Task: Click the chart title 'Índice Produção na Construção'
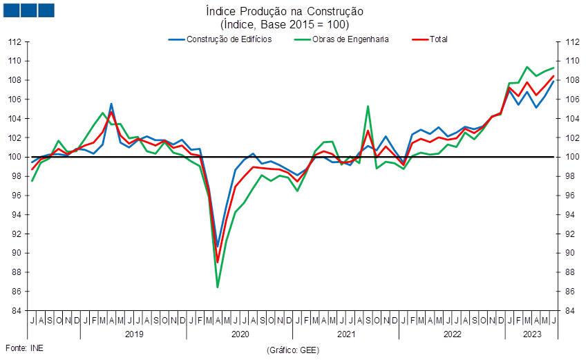(285, 11)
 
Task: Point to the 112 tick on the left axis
(15, 41)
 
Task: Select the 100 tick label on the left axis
(15, 157)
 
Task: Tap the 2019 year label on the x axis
(134, 334)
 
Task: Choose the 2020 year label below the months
(240, 334)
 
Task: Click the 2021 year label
(346, 334)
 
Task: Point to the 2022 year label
(453, 334)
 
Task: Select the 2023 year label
(532, 334)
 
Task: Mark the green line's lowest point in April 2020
(218, 287)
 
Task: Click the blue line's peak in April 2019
(111, 104)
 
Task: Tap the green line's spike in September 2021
(368, 106)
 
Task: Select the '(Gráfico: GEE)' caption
(293, 350)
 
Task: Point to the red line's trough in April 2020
(218, 263)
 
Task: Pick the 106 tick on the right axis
(572, 100)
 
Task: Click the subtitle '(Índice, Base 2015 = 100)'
(285, 25)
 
